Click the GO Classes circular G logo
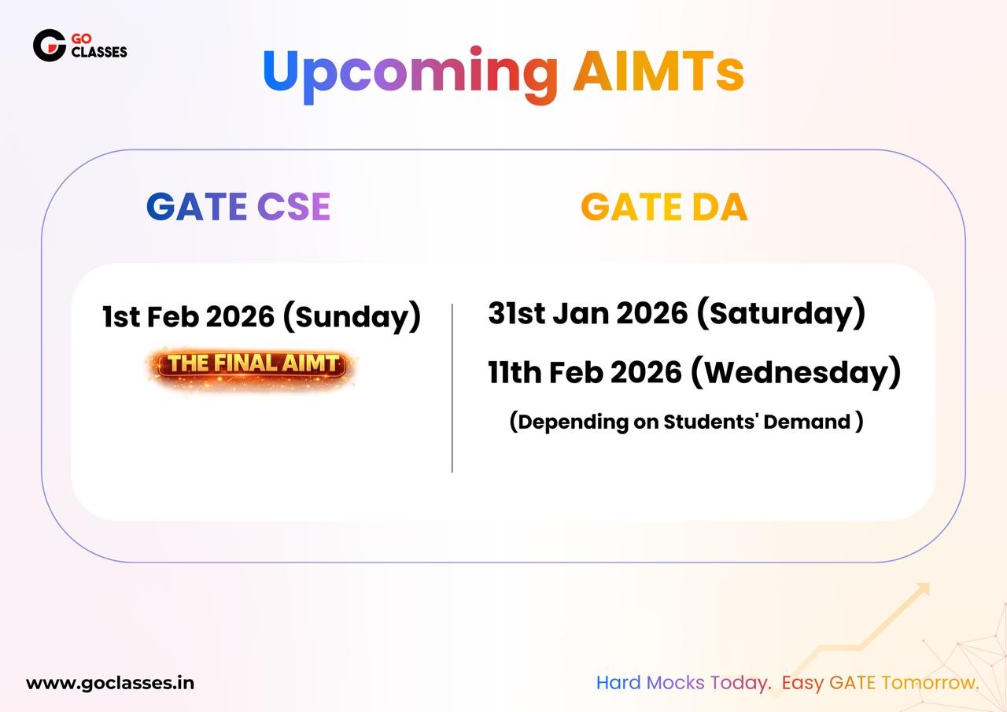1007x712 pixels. (50, 46)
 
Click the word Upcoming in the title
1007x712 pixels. (410, 74)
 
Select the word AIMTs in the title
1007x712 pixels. (658, 71)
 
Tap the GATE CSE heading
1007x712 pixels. (238, 207)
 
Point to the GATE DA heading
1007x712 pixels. (664, 207)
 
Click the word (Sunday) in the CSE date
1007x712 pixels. (352, 317)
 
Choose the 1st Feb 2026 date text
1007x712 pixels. (188, 316)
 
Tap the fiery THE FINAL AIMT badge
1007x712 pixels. (251, 365)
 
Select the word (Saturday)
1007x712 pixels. (781, 313)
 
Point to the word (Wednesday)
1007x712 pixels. (795, 372)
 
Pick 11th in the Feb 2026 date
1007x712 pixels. (515, 372)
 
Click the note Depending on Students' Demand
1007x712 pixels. (686, 422)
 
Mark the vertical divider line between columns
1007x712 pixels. (452, 388)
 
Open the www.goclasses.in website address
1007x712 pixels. (110, 683)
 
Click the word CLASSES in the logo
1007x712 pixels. (99, 52)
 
